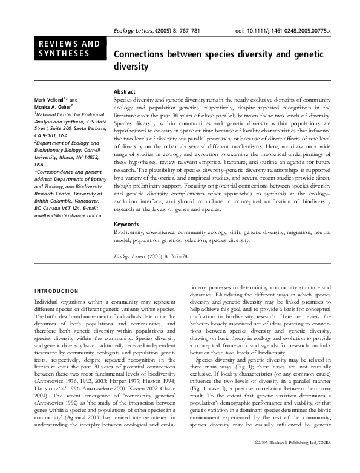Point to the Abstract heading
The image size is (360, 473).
coord(125,91)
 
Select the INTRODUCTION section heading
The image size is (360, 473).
coord(56,291)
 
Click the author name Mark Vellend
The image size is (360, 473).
coord(50,100)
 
